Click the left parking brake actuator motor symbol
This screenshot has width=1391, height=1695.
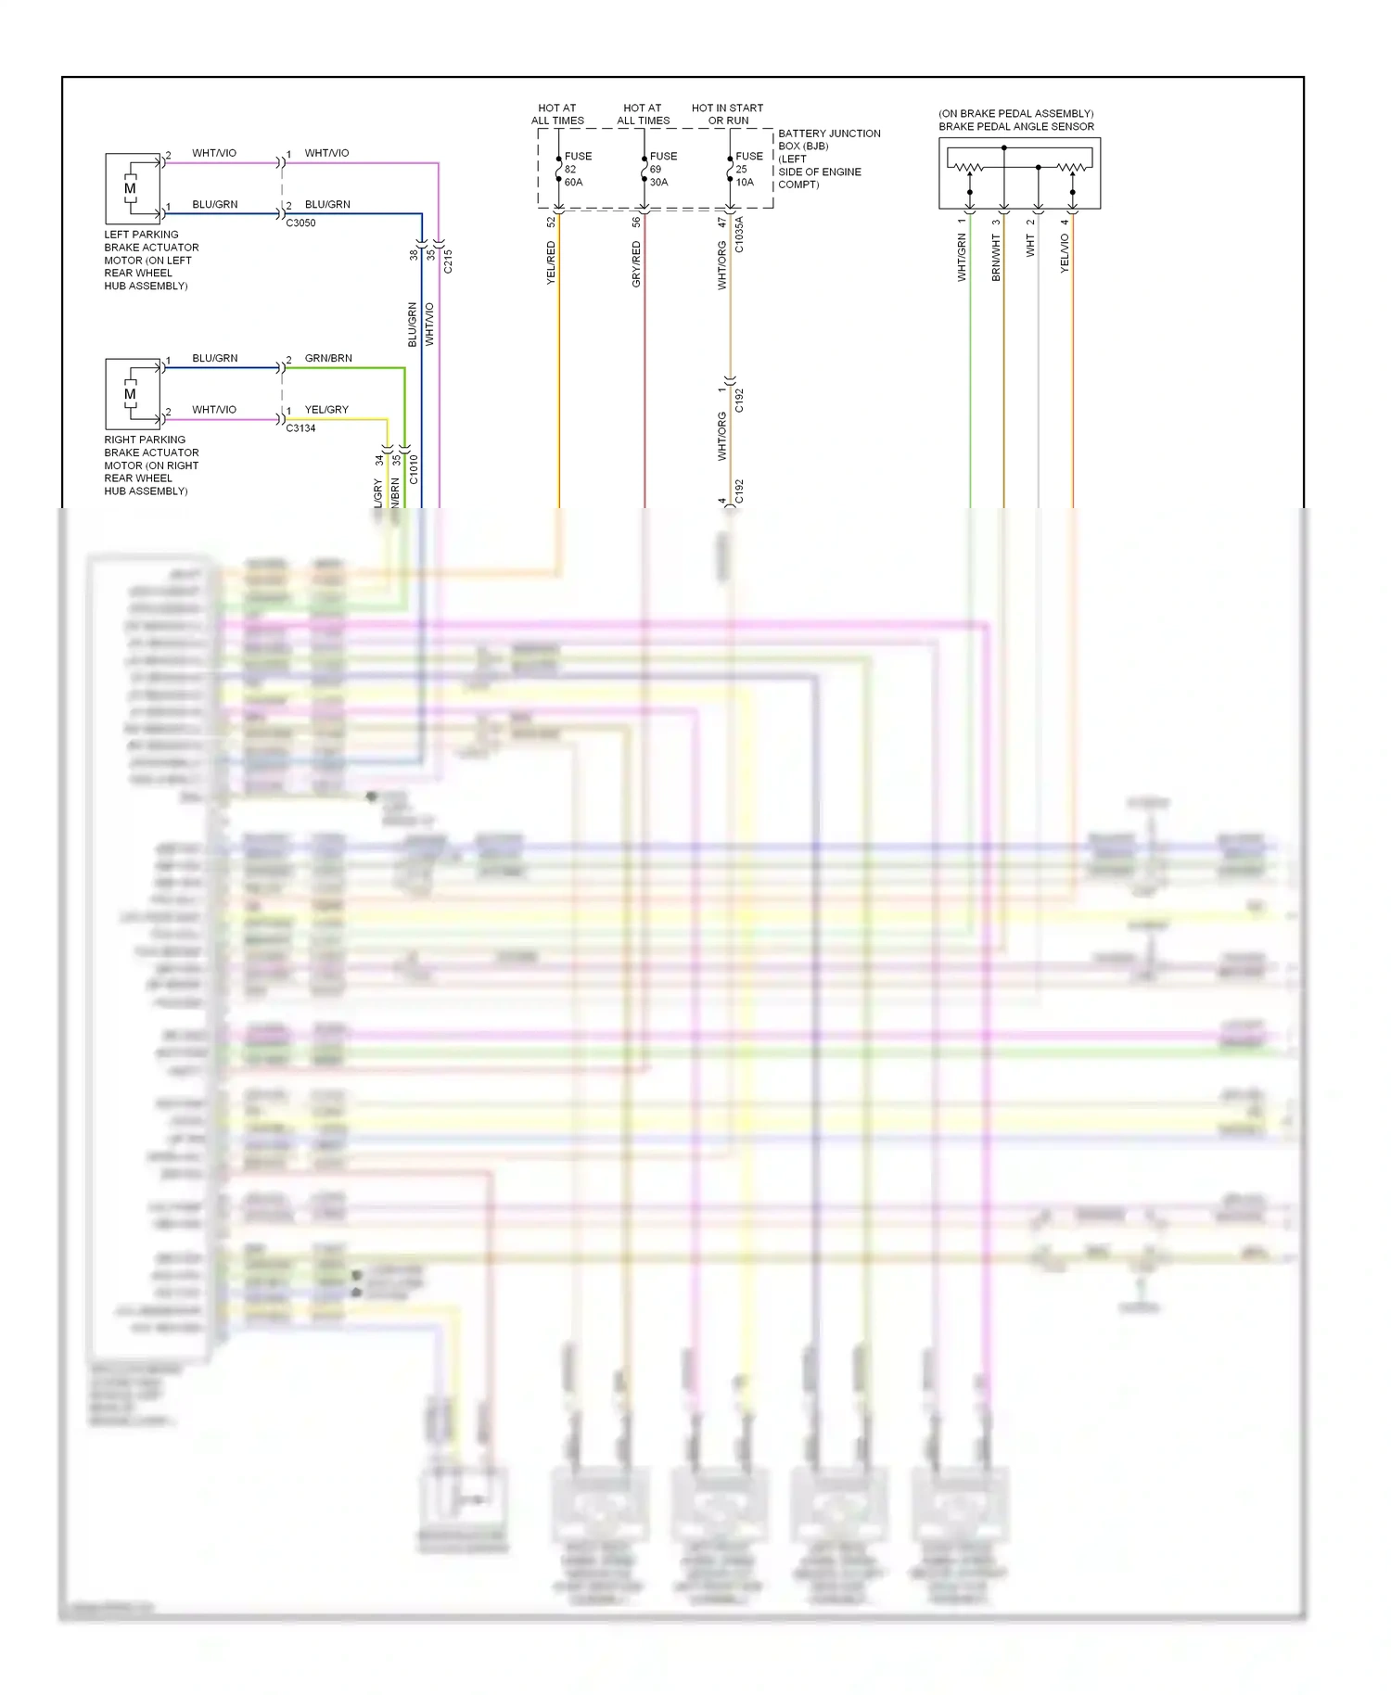(x=131, y=187)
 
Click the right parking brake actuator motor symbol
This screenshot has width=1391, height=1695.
(x=131, y=393)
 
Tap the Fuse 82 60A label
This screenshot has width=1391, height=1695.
(x=576, y=169)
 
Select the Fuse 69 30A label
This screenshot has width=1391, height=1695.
(x=661, y=169)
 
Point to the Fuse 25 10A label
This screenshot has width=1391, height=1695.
(x=747, y=169)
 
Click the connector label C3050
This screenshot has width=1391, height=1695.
(x=300, y=223)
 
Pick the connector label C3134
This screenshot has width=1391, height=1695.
(x=300, y=428)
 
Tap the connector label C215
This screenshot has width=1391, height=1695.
(x=448, y=261)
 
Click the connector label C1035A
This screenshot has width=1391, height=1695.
(x=739, y=235)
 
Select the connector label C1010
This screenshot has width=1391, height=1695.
(x=414, y=469)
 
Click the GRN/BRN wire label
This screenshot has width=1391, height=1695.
(x=328, y=358)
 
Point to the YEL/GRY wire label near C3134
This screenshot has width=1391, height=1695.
(x=326, y=409)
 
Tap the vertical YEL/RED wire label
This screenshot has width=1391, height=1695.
(x=551, y=262)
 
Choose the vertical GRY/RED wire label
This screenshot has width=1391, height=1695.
(x=636, y=264)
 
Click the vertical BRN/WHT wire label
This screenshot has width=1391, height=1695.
(x=996, y=257)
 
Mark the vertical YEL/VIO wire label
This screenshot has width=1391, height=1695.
(x=1065, y=253)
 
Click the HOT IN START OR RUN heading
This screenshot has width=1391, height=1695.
(x=728, y=114)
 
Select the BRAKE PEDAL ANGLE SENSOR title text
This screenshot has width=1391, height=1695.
(x=1015, y=126)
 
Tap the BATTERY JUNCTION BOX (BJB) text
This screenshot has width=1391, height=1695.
(x=828, y=139)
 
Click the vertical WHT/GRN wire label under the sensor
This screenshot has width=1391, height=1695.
(x=962, y=257)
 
